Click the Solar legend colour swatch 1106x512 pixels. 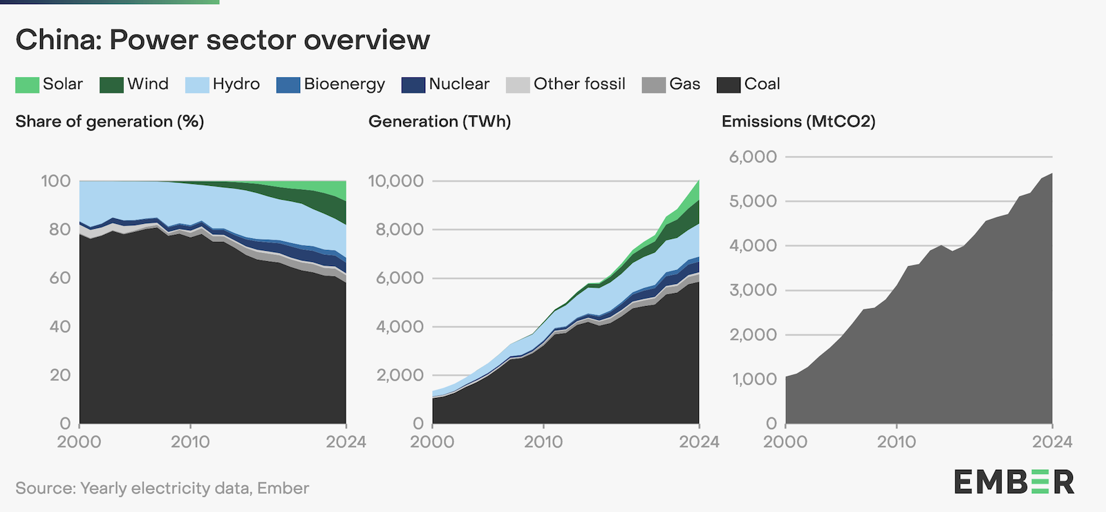coord(27,85)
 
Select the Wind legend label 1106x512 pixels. coord(148,84)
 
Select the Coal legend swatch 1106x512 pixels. coord(729,85)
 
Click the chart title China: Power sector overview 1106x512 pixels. coord(223,40)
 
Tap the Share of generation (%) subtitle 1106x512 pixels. coord(110,122)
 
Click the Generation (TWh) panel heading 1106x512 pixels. coord(440,122)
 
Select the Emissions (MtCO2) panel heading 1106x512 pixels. coord(798,122)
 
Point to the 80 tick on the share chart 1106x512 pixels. coord(60,229)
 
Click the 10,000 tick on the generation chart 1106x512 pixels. coord(395,181)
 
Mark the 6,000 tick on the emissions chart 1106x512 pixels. coord(753,157)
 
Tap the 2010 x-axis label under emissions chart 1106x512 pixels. coord(897,442)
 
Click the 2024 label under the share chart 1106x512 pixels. coord(346,442)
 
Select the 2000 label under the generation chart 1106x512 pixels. coord(432,442)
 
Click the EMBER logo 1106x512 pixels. coord(1014,482)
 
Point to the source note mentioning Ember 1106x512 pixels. coord(162,489)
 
